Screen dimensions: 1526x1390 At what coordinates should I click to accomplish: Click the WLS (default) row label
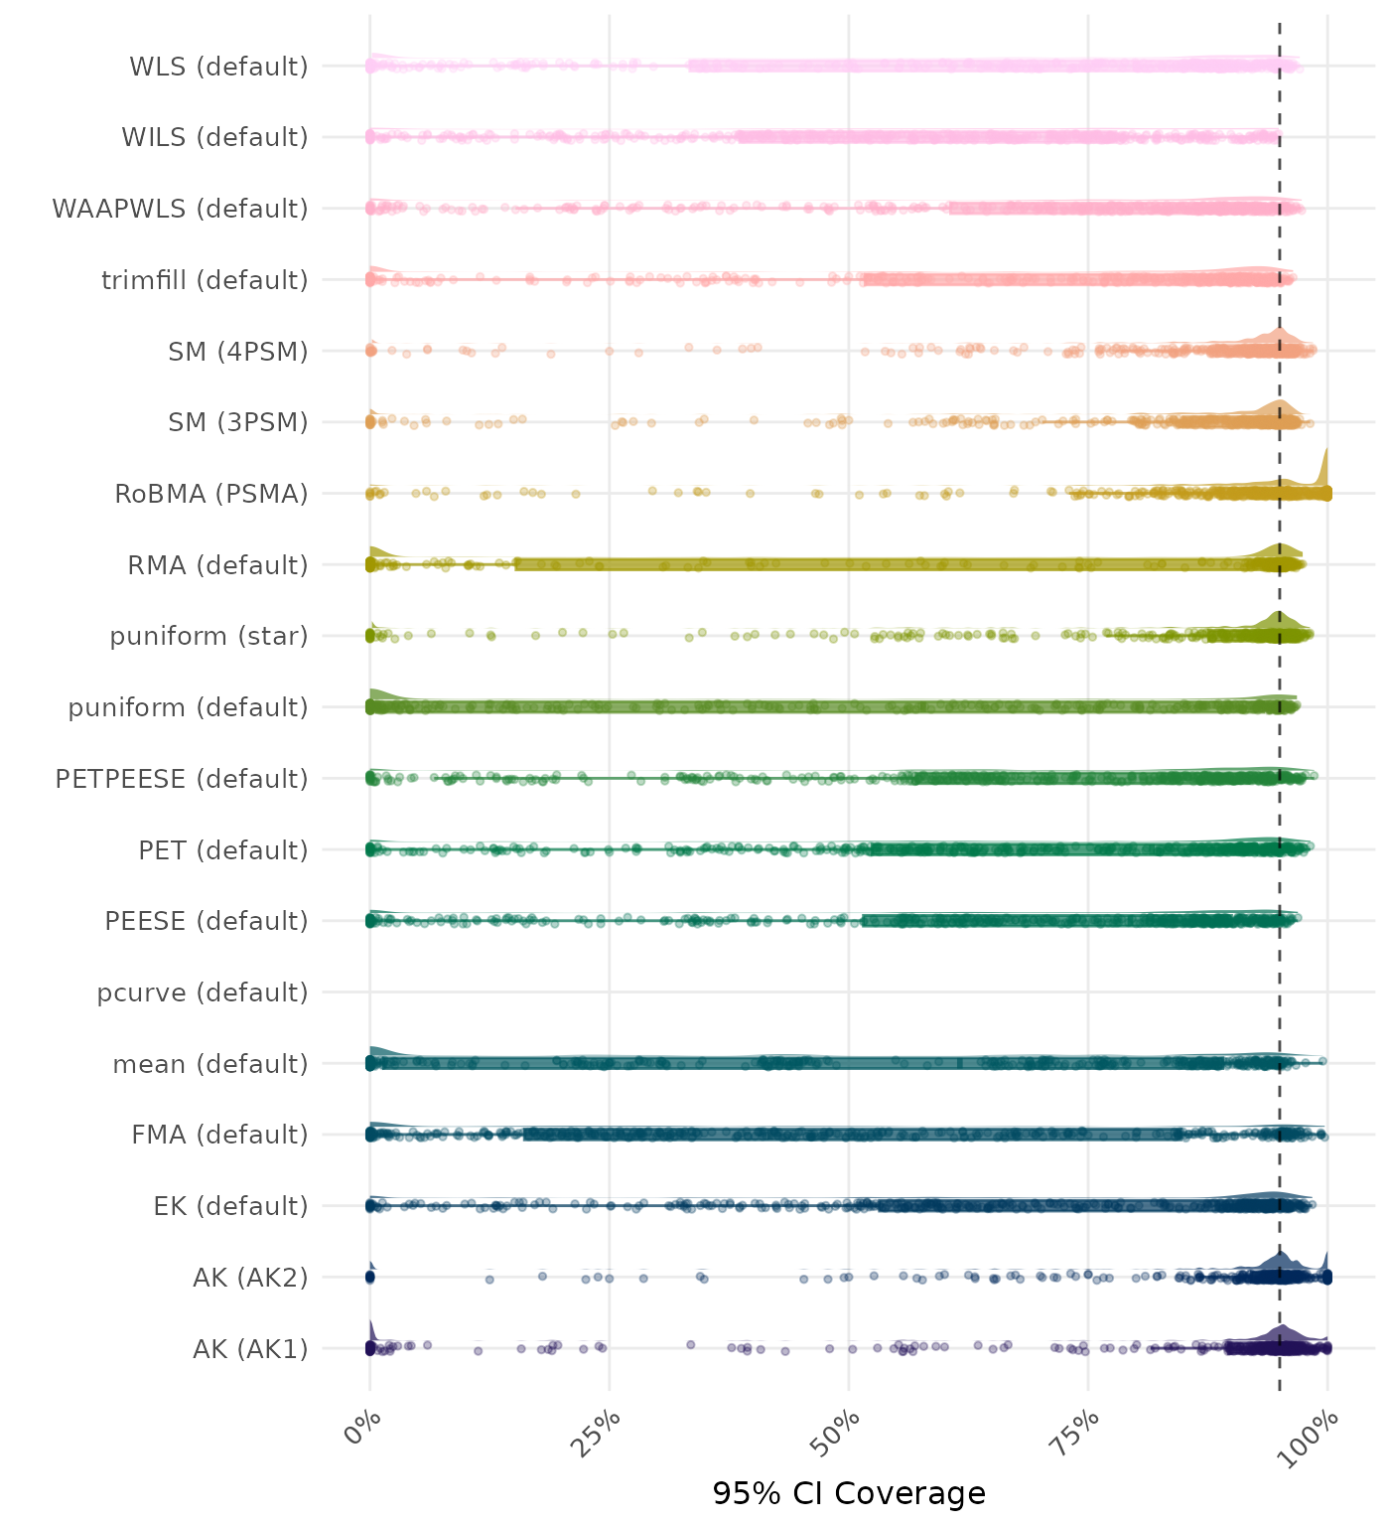(218, 67)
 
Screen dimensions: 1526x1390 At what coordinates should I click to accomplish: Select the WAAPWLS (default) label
(180, 209)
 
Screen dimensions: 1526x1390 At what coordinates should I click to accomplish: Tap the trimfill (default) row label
(205, 280)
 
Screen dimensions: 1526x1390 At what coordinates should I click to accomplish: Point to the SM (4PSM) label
(238, 352)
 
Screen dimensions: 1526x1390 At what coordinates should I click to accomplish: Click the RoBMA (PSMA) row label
(211, 494)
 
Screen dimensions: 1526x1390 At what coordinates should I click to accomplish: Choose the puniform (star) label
(208, 636)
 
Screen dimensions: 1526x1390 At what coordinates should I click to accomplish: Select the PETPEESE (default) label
(182, 779)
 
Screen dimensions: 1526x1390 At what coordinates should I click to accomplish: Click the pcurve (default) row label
(203, 992)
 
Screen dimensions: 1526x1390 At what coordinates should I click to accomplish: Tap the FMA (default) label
(219, 1135)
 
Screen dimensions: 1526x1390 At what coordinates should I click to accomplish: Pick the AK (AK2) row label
(250, 1278)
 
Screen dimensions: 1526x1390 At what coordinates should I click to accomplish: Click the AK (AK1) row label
(250, 1349)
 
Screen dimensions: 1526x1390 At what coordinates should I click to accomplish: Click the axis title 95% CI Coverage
(849, 1493)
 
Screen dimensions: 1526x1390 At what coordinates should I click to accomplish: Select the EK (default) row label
(230, 1206)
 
